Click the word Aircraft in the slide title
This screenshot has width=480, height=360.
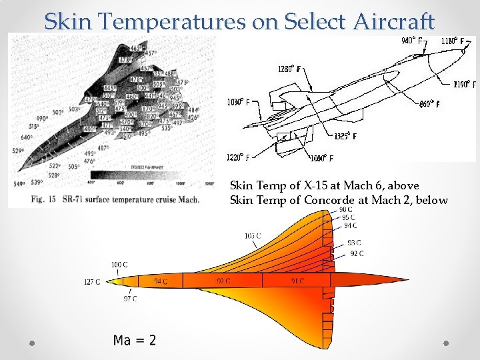pos(393,21)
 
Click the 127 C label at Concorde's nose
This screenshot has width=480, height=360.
pos(92,282)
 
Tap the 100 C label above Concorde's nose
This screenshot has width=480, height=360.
pos(119,265)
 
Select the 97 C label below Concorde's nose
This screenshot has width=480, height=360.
pos(130,299)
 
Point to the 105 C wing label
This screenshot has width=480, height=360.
pos(253,236)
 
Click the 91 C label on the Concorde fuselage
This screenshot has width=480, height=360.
pos(297,281)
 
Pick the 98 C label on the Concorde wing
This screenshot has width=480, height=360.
pos(346,211)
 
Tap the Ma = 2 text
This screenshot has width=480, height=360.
pos(135,341)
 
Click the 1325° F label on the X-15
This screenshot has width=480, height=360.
pos(345,136)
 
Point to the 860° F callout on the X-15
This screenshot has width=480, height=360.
pos(429,103)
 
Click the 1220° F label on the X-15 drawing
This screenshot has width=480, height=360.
pos(238,158)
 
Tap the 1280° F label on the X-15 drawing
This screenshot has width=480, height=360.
pos(289,69)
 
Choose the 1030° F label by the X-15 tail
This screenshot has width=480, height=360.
pos(238,103)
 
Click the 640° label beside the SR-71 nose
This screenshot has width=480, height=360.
pos(27,138)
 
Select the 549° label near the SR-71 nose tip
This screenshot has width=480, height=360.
pos(19,183)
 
